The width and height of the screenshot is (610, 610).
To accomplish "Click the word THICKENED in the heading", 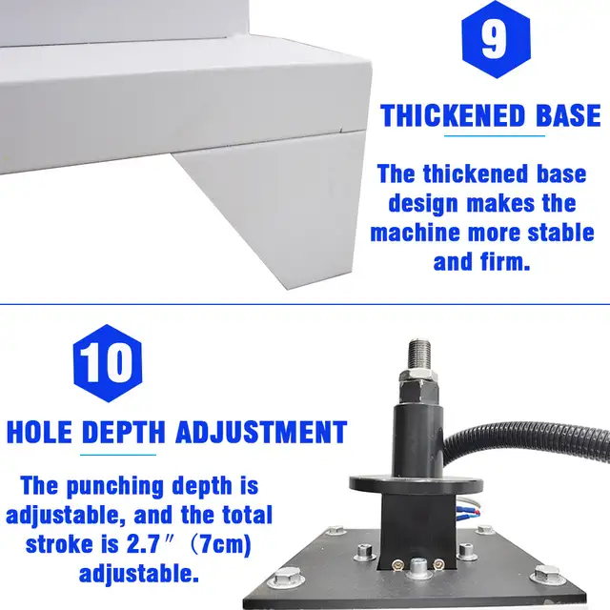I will coord(453,115).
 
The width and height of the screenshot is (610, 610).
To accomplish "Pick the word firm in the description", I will coord(506,261).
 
